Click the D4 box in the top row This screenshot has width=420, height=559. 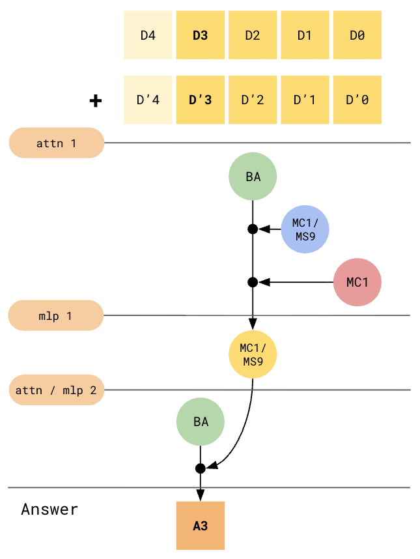[x=148, y=35]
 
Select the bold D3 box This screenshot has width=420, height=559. [x=200, y=35]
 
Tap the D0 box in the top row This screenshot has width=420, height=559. [x=357, y=35]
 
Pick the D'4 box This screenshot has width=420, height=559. [x=148, y=100]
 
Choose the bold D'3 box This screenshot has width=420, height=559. [x=200, y=100]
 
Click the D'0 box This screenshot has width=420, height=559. [x=357, y=100]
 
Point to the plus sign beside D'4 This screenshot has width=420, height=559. [x=96, y=101]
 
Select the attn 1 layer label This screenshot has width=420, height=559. [x=56, y=143]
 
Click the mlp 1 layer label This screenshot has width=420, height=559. [x=55, y=316]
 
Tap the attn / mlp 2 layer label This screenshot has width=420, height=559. [x=56, y=390]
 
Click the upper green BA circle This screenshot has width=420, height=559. [x=253, y=177]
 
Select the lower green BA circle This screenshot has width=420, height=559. [x=201, y=422]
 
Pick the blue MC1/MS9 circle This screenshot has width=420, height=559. [x=305, y=229]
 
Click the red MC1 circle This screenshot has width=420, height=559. [x=357, y=282]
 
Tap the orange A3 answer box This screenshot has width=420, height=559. [x=201, y=525]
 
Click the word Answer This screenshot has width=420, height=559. [x=49, y=509]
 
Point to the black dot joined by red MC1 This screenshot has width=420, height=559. [x=253, y=282]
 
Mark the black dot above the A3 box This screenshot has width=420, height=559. [x=201, y=468]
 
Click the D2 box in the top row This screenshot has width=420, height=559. [x=253, y=35]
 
